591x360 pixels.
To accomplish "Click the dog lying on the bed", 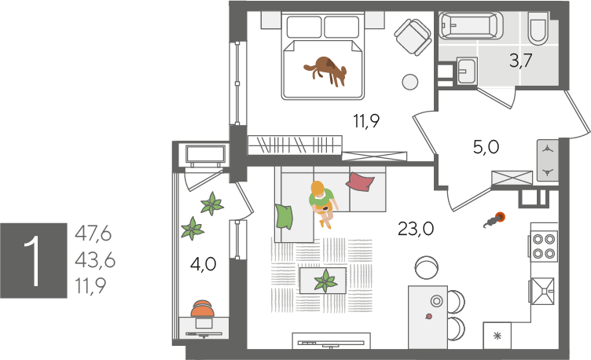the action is tap(325, 71).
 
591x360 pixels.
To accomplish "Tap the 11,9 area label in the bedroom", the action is tap(366, 121).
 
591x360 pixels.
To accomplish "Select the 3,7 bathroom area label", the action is tap(520, 61).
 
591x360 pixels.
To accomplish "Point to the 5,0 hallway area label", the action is tap(486, 147).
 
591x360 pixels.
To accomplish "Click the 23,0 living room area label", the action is tap(416, 229).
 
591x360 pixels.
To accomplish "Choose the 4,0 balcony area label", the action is tap(203, 264).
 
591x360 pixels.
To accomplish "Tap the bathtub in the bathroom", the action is tap(471, 25).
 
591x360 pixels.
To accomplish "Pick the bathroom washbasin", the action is tap(467, 71).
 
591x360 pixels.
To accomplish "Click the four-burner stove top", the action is tap(544, 246).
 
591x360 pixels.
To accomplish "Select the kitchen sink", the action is tap(543, 291).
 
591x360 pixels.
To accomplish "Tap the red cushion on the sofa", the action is tap(360, 182).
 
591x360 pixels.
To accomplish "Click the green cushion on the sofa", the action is tap(284, 216).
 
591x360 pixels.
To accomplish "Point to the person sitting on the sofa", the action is tap(322, 203).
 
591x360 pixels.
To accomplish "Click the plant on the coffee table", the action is tap(325, 281).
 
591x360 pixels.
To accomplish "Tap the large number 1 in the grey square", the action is tap(34, 260).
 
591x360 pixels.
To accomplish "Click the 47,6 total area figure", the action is tap(93, 234).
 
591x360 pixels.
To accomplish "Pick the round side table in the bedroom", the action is tap(409, 82).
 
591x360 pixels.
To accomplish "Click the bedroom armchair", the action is tap(413, 37).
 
